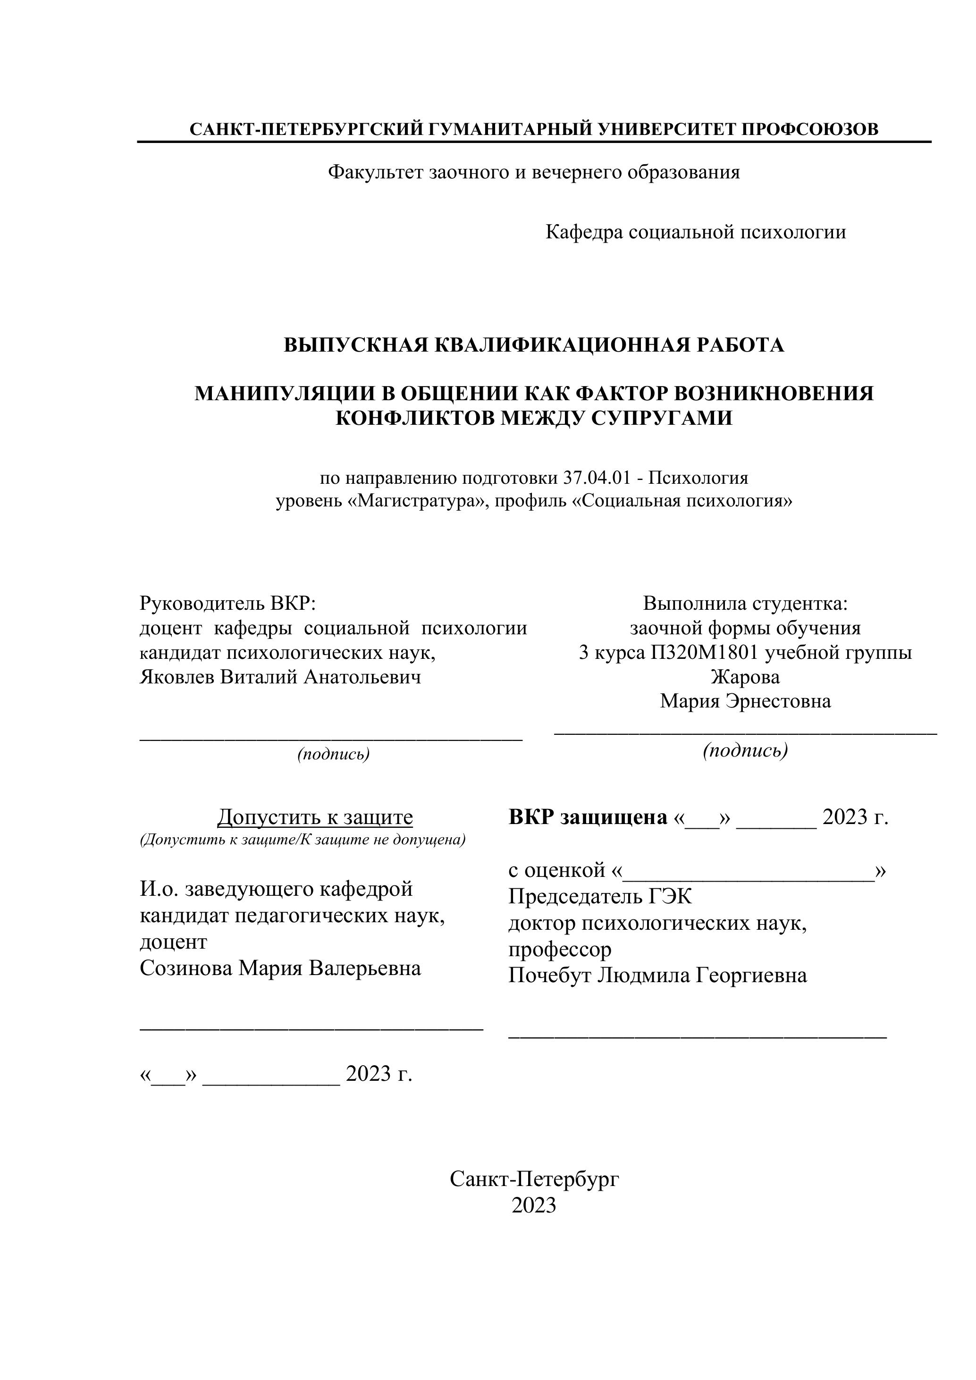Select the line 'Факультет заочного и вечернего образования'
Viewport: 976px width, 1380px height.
tap(534, 173)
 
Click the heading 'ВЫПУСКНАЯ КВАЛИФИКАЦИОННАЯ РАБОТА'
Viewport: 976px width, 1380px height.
tap(534, 345)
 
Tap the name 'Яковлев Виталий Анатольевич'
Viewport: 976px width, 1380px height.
tap(280, 677)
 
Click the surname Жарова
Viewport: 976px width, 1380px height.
tap(745, 677)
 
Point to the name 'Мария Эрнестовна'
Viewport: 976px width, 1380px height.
tap(745, 701)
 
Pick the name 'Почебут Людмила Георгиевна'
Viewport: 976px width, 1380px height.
tap(657, 975)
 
